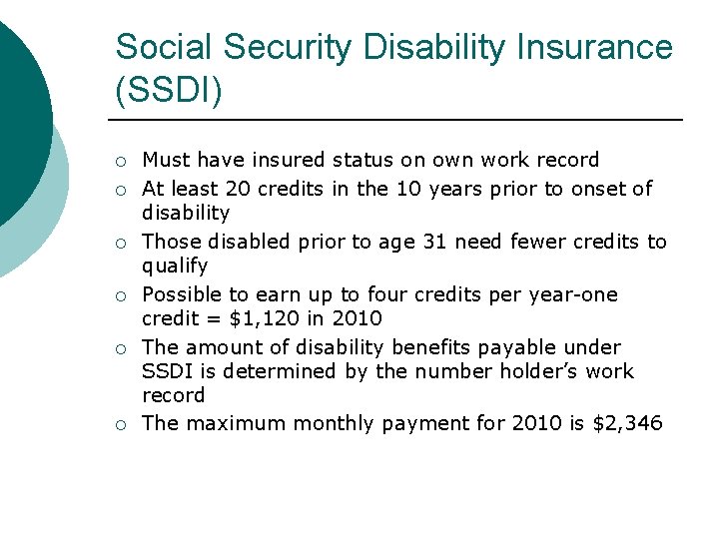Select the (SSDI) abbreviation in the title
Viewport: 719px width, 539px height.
point(169,91)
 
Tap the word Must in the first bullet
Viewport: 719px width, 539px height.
point(166,160)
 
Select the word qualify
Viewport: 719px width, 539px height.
point(175,267)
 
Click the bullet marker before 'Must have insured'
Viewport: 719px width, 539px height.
point(120,162)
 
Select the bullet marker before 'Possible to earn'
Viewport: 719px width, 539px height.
point(120,296)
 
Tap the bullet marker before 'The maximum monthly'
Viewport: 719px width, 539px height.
point(120,425)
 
